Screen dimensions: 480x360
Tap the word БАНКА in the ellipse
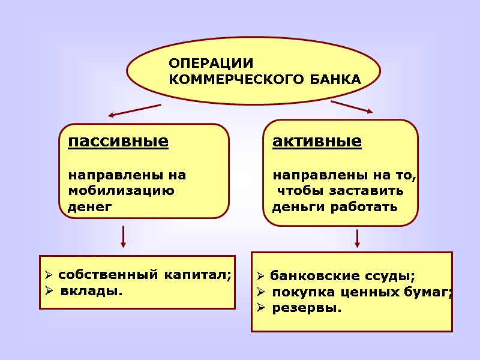(x=335, y=79)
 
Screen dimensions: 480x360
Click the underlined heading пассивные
(x=118, y=142)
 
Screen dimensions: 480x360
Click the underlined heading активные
(x=317, y=142)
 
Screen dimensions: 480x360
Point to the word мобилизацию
(x=122, y=192)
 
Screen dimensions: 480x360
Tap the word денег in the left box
(x=90, y=208)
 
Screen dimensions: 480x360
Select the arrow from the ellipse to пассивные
(x=134, y=110)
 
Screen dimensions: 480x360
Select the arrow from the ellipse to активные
(x=352, y=107)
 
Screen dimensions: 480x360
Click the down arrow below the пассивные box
(x=123, y=236)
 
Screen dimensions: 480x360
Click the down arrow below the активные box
(x=357, y=238)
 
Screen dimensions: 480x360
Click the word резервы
(x=307, y=308)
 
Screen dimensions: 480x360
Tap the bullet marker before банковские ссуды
(x=260, y=277)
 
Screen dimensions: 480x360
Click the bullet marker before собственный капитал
(x=49, y=276)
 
